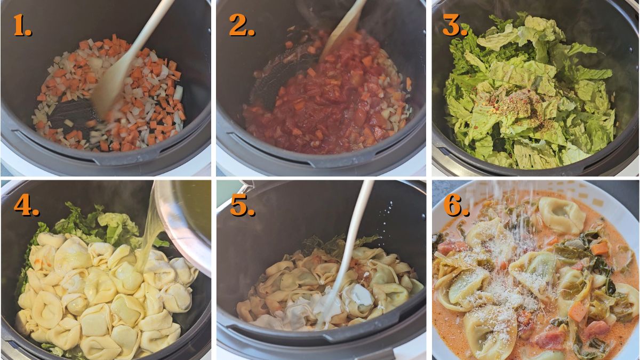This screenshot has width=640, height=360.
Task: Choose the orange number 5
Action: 242,205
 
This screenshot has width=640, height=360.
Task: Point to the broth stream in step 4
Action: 147,240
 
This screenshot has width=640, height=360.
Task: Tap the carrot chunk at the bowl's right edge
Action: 600,248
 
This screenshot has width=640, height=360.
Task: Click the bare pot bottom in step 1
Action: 75,112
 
